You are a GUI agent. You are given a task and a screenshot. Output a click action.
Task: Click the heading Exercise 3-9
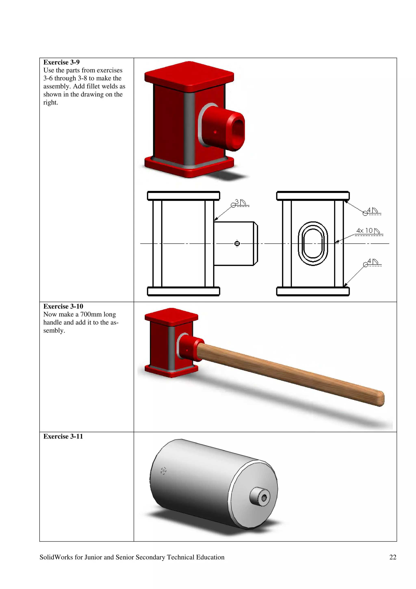[x=61, y=62]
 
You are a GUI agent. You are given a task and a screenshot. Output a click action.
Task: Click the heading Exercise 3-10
[x=63, y=306]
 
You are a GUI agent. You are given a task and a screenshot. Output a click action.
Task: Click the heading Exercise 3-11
[x=63, y=436]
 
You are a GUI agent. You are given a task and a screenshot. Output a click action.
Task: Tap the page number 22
[x=392, y=557]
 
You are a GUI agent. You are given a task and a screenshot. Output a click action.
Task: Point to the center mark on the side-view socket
[x=237, y=243]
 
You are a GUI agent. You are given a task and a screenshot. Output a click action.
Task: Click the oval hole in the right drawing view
[x=313, y=243]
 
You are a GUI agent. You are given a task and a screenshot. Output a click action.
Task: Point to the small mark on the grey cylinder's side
[x=164, y=471]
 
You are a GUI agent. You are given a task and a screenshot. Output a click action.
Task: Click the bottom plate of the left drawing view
[x=183, y=291]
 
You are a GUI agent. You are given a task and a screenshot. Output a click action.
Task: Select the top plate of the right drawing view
[x=313, y=196]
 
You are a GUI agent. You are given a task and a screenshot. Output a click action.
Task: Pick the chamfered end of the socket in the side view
[x=256, y=243]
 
